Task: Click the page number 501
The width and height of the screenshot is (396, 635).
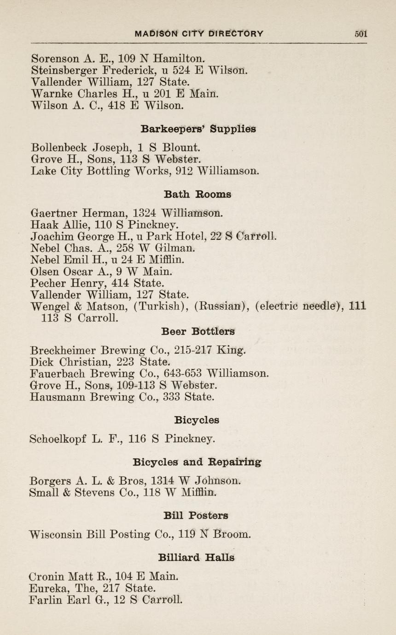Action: [x=361, y=34]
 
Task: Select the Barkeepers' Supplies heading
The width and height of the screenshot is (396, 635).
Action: [x=198, y=129]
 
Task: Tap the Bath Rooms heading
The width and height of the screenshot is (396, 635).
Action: [x=198, y=194]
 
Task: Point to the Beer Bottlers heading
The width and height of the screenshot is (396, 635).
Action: [x=198, y=331]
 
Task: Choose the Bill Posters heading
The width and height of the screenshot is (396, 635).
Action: [x=196, y=515]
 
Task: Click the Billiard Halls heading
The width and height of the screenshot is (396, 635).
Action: [x=196, y=558]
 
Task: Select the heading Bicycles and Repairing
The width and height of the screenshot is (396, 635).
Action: [x=193, y=461]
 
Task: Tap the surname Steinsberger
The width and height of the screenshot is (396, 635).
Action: [x=64, y=71]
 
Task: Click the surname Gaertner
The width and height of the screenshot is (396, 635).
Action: [x=54, y=214]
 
